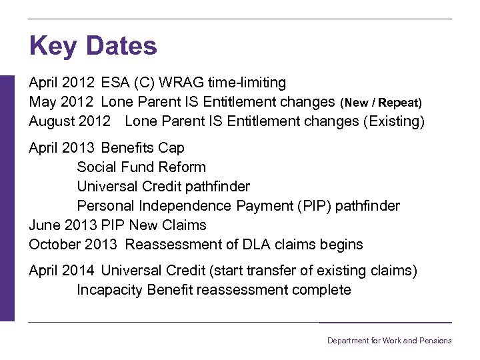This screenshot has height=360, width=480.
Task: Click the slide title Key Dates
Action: pyautogui.click(x=93, y=46)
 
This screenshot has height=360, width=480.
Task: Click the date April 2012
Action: pyautogui.click(x=62, y=83)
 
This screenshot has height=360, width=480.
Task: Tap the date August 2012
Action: pyautogui.click(x=69, y=121)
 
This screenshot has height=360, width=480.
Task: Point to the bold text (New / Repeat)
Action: pyautogui.click(x=381, y=103)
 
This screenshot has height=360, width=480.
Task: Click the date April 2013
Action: pyautogui.click(x=62, y=147)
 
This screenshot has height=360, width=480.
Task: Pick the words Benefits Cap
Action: pyautogui.click(x=143, y=147)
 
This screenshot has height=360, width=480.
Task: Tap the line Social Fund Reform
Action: pyautogui.click(x=141, y=167)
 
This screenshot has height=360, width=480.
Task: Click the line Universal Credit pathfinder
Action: pyautogui.click(x=163, y=186)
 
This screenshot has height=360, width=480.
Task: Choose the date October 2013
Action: pyautogui.click(x=73, y=244)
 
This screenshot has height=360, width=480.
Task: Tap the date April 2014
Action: pyautogui.click(x=62, y=270)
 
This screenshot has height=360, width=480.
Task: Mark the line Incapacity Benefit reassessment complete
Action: pyautogui.click(x=213, y=289)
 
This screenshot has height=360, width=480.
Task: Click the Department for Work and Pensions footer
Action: pyautogui.click(x=389, y=341)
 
